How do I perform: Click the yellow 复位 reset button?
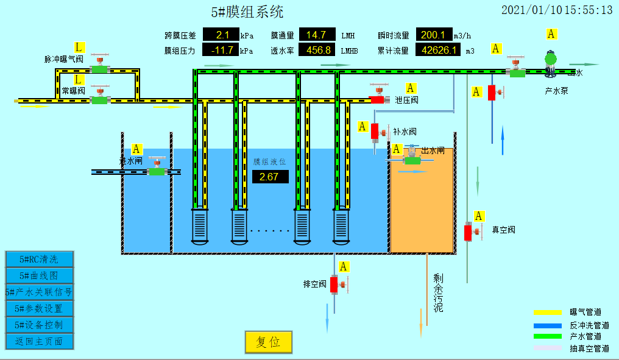click(269, 342)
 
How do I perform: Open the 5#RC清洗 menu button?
click(40, 259)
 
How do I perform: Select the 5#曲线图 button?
click(40, 276)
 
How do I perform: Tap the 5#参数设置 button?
click(40, 309)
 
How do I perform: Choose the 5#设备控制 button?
click(40, 325)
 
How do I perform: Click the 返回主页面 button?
click(40, 342)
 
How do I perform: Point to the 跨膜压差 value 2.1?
click(221, 35)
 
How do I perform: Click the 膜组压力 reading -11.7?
click(221, 51)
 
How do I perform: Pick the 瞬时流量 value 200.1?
click(434, 35)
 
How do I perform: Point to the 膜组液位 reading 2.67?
click(269, 177)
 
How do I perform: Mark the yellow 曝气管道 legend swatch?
click(546, 312)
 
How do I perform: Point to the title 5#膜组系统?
click(247, 12)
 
